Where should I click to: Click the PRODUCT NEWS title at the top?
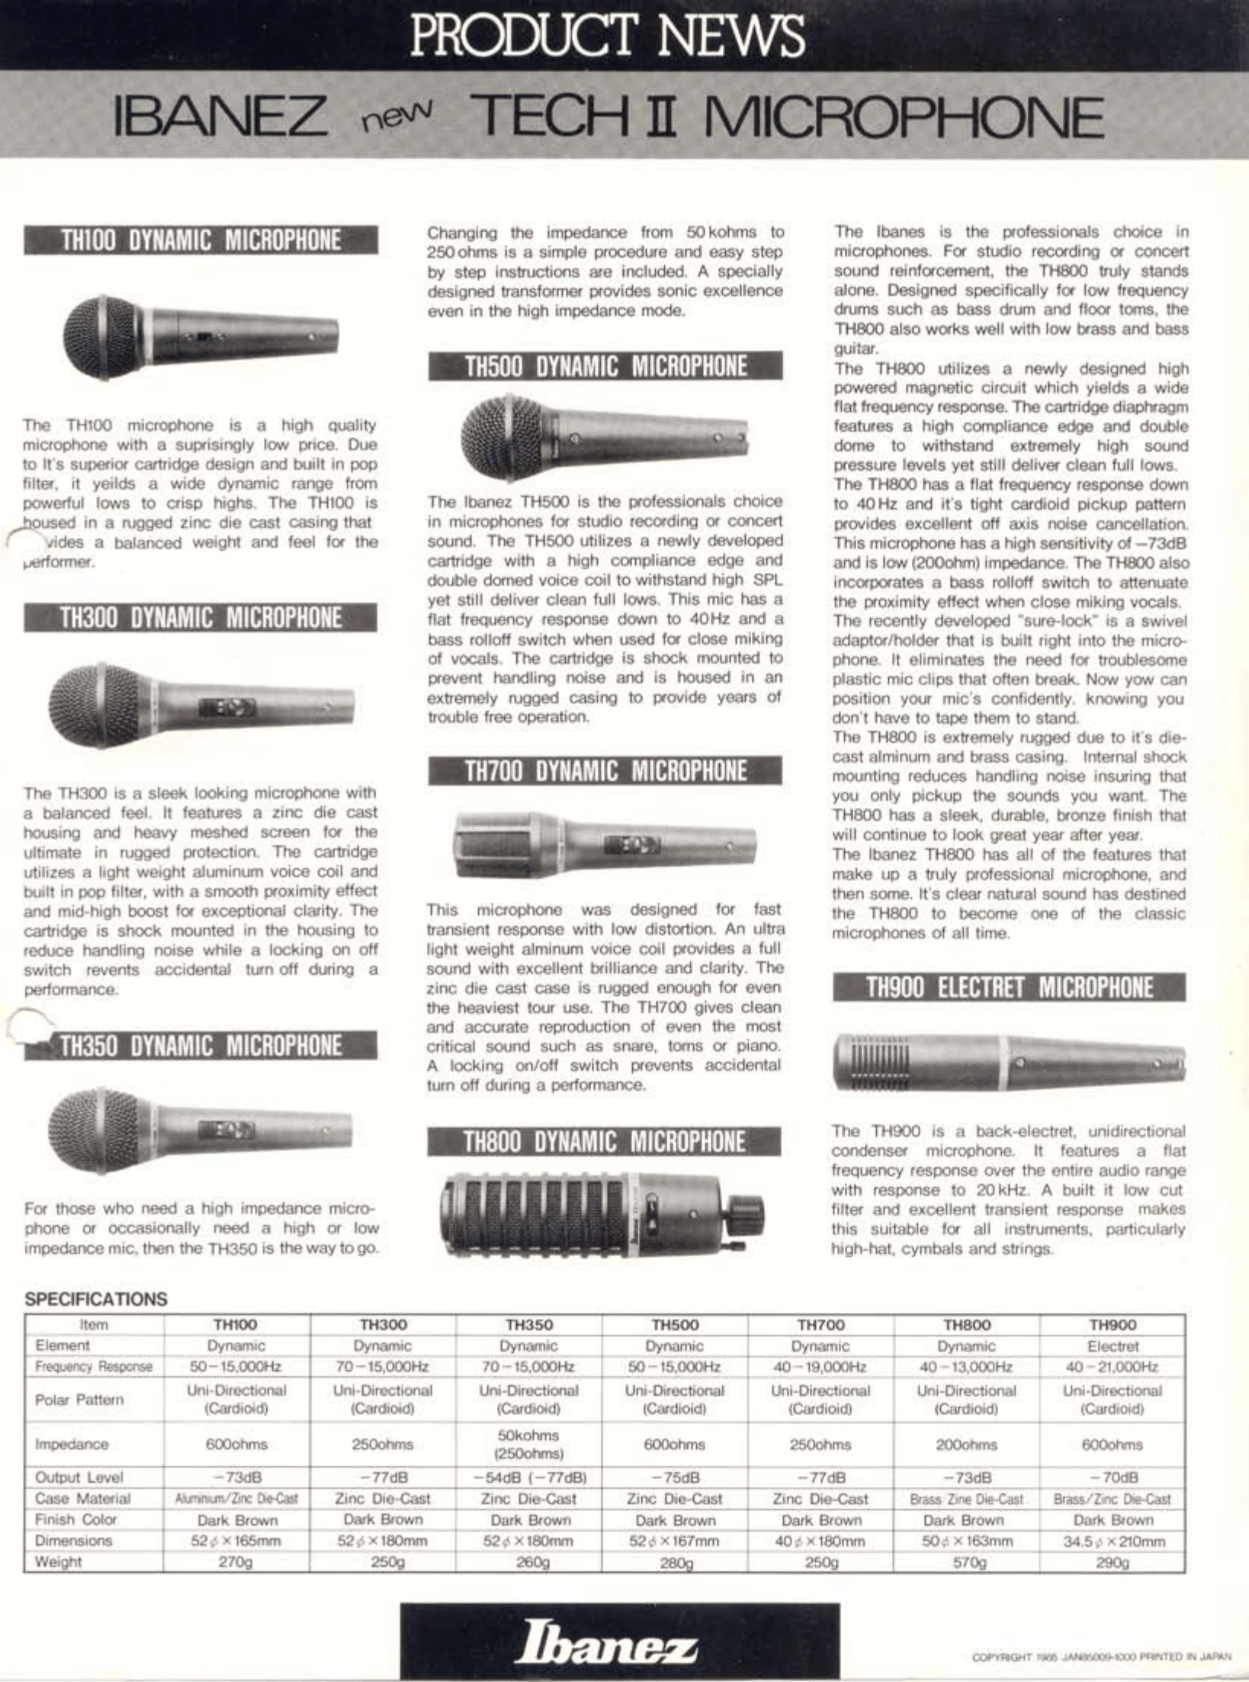[607, 35]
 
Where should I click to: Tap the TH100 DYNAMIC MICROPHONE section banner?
[201, 240]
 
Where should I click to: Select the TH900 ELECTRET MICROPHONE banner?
[1009, 987]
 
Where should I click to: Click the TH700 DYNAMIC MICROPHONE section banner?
[605, 770]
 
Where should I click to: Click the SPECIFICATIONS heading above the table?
[96, 1299]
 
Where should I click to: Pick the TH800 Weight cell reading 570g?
[967, 1562]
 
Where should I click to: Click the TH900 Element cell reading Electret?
[1113, 1346]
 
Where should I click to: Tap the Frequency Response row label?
[94, 1367]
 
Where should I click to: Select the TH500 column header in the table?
[675, 1325]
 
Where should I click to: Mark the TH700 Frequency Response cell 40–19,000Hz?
[820, 1367]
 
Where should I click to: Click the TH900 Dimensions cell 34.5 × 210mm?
[1113, 1541]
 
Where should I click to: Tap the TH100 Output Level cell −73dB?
[236, 1478]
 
